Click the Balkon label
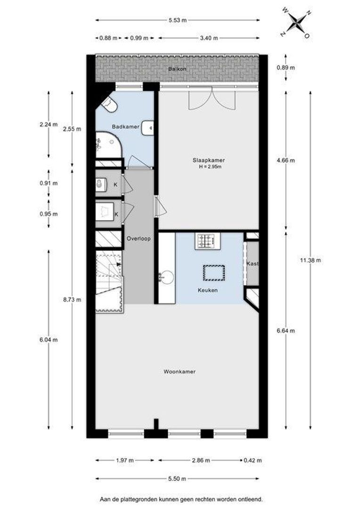click(177, 69)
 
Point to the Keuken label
click(207, 290)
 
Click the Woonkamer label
click(180, 372)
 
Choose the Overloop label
click(139, 239)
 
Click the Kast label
click(253, 264)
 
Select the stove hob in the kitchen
click(206, 241)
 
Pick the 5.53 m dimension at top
click(177, 20)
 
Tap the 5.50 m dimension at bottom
click(177, 479)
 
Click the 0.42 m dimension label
click(253, 460)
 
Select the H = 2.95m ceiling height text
click(211, 166)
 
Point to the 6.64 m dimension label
click(286, 330)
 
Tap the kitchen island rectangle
click(214, 272)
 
